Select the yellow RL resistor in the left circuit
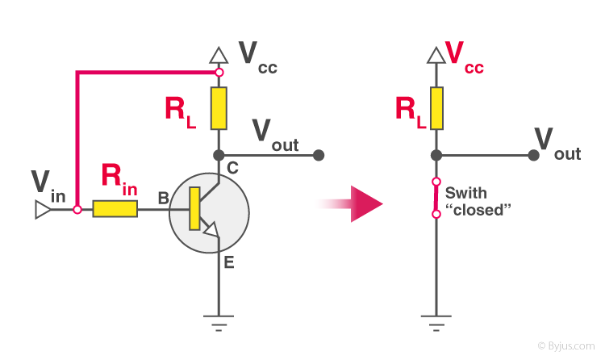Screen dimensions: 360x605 point(218,109)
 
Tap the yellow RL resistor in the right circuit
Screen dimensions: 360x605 point(436,109)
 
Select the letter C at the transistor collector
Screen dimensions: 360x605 point(232,169)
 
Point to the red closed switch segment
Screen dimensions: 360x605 point(436,198)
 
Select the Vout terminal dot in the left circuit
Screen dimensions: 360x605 point(319,154)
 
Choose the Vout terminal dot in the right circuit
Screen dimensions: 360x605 point(533,154)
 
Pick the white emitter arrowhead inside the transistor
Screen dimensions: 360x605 point(211,232)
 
